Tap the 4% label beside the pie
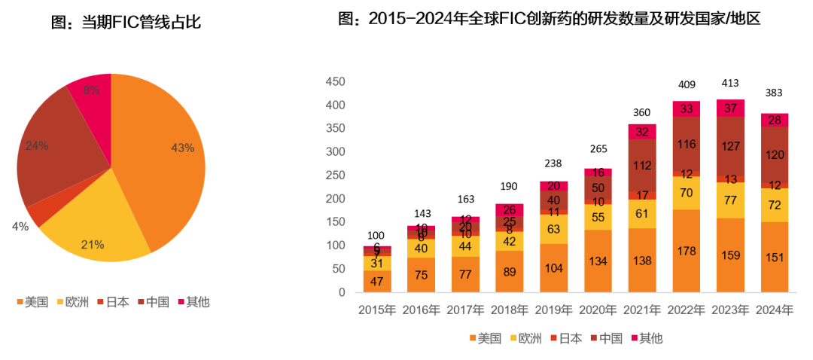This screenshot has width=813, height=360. [x=20, y=226]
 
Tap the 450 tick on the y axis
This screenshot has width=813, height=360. [x=336, y=81]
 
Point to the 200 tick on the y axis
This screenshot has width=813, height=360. [x=336, y=199]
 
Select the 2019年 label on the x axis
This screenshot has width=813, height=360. [x=554, y=310]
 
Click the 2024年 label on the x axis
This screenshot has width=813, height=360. [x=773, y=310]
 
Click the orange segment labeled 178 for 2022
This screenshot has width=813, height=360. [x=687, y=251]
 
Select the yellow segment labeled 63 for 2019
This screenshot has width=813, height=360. [x=554, y=229]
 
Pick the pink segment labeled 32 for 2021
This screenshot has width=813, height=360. [x=642, y=132]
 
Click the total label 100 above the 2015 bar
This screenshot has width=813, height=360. [x=376, y=236]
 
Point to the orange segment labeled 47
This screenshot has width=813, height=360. [x=376, y=282]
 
